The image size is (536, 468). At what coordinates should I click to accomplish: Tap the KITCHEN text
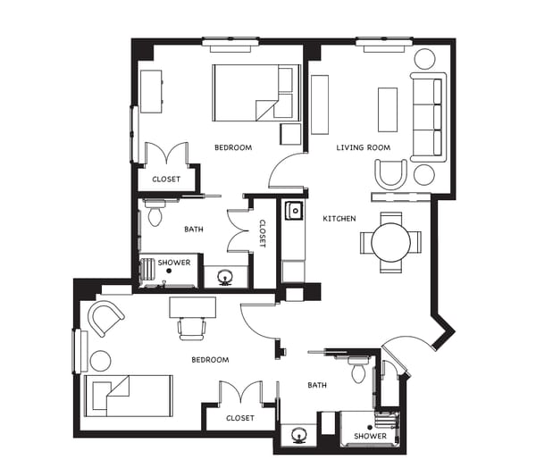pos(339,219)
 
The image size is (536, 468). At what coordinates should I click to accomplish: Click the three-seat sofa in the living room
pos(426,116)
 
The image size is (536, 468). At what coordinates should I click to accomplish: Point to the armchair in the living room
pos(391,173)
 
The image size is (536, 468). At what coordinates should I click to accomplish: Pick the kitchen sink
pos(293,212)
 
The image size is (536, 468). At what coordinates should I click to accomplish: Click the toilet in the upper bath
pos(155,213)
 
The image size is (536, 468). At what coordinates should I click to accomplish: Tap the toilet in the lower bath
pos(358,368)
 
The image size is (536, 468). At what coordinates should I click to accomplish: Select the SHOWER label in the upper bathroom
pos(174,263)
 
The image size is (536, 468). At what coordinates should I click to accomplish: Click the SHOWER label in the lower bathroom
pos(369,436)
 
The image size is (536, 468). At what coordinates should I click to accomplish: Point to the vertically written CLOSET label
pos(263,234)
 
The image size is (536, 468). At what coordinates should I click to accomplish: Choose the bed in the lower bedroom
pos(128,396)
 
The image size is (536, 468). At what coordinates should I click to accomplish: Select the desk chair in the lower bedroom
pos(193,328)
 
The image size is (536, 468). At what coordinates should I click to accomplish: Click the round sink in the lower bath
pos(298,436)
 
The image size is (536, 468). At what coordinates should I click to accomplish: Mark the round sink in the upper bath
pos(222,277)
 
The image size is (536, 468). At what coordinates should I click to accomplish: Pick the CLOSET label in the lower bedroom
pos(239,417)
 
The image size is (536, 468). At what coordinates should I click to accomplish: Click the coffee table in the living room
pos(388,109)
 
